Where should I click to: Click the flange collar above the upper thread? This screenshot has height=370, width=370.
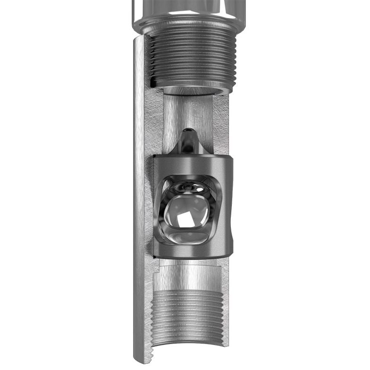pos(189,26)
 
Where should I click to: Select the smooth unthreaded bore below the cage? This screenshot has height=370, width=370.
pos(189,276)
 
